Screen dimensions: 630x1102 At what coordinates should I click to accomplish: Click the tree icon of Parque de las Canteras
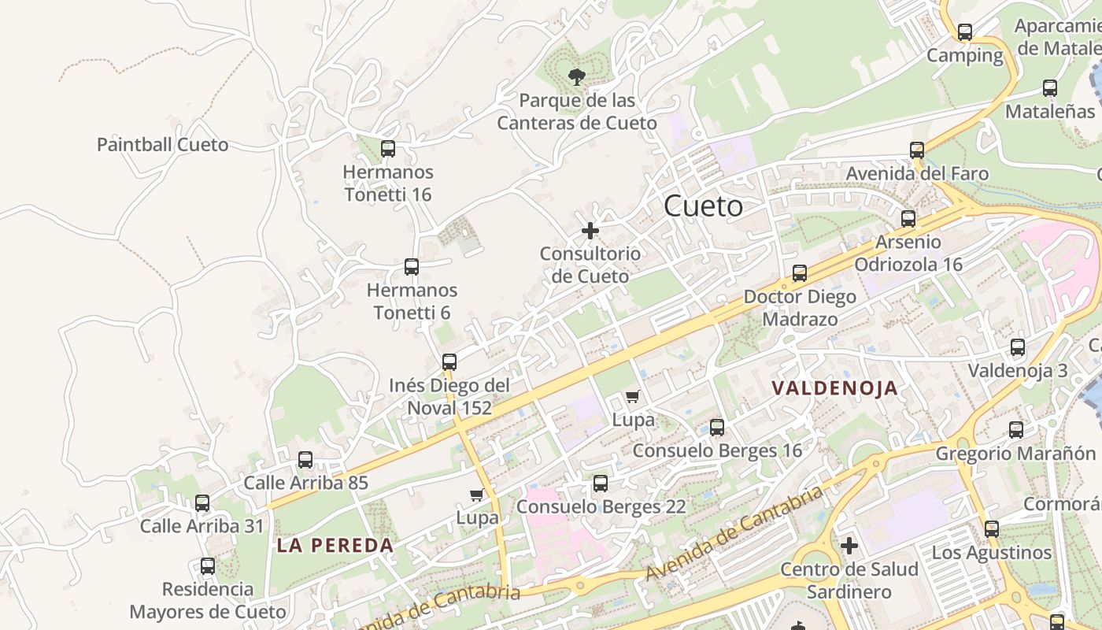[x=577, y=76]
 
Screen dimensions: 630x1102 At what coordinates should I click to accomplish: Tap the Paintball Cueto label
[x=162, y=145]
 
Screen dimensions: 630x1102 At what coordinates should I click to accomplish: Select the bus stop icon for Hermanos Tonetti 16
[x=387, y=149]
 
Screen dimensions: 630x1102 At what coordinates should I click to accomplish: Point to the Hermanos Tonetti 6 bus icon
[x=411, y=267]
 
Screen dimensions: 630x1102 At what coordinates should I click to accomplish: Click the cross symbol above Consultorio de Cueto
[x=590, y=231]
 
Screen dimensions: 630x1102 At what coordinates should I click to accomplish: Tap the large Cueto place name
[x=703, y=206]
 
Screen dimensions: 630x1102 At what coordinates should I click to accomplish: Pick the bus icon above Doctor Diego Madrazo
[x=800, y=273]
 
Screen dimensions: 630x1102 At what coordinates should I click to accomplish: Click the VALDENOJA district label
[x=835, y=388]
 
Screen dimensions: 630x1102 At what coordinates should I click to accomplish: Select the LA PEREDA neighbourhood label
[x=335, y=546]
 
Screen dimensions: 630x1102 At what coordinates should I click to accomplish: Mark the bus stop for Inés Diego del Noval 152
[x=449, y=362]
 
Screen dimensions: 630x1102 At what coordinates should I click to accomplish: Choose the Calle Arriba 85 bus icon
[x=305, y=460]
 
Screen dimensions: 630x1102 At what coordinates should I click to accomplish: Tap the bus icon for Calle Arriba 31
[x=202, y=503]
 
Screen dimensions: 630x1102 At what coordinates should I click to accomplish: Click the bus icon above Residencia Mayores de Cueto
[x=207, y=566]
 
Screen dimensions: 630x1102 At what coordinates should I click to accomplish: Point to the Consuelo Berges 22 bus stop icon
[x=601, y=484]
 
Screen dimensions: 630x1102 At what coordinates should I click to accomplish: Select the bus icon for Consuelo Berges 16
[x=716, y=428]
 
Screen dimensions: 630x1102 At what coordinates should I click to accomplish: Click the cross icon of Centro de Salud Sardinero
[x=849, y=545]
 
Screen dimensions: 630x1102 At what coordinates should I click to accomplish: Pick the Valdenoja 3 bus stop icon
[x=1017, y=347]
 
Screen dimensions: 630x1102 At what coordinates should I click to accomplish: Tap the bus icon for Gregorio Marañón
[x=1015, y=430]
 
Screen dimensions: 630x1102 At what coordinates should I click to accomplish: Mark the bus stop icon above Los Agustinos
[x=991, y=529]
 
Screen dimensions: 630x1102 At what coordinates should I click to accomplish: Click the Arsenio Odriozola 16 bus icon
[x=908, y=219]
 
